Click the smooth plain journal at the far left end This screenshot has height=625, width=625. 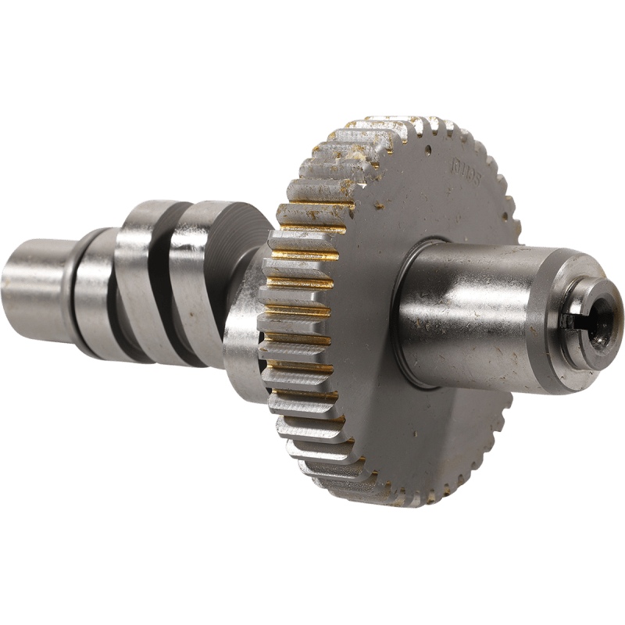click(x=35, y=277)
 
